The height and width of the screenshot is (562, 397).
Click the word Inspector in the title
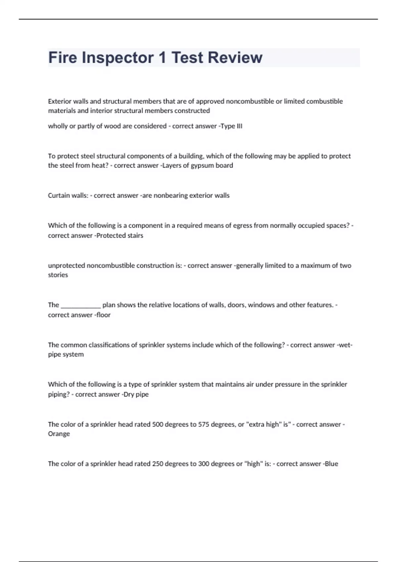(117, 58)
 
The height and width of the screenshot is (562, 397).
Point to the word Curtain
(59, 195)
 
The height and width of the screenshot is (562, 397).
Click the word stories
(58, 275)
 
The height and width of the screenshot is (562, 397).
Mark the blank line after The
(81, 305)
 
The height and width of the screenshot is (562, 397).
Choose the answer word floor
(104, 315)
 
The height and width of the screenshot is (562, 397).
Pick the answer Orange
(59, 434)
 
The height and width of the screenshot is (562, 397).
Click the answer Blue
(331, 463)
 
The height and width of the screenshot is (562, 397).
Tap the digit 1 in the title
(162, 58)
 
